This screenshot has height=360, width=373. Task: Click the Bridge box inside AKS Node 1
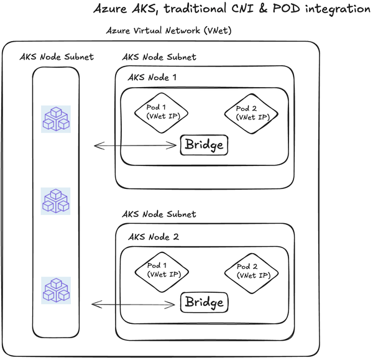(x=203, y=145)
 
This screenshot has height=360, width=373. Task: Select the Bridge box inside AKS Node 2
(x=203, y=303)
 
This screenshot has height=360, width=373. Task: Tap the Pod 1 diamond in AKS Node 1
(x=161, y=112)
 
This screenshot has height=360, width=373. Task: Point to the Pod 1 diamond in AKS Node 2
(x=161, y=270)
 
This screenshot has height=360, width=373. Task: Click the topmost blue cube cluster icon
(x=57, y=118)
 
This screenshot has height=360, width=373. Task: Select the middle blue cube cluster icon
(x=57, y=200)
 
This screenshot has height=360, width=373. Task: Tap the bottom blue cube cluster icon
(x=57, y=291)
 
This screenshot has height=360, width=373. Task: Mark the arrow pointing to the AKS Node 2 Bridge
(x=134, y=304)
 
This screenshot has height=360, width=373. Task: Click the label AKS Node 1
(x=152, y=78)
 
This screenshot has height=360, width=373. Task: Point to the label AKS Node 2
(x=152, y=237)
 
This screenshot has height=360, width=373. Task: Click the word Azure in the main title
(x=112, y=9)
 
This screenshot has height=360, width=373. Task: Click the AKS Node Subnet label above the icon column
(x=57, y=57)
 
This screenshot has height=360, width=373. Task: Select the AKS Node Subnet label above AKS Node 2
(x=159, y=215)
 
